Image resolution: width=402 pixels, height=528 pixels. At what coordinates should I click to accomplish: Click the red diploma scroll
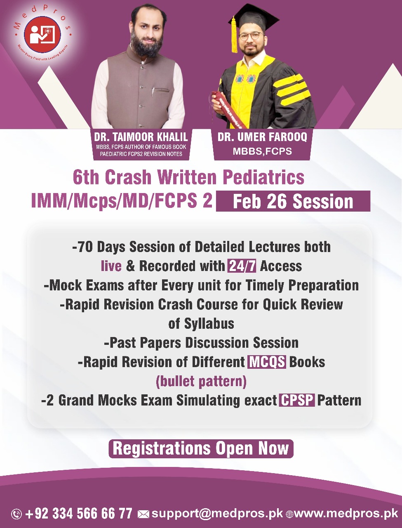point(230,108)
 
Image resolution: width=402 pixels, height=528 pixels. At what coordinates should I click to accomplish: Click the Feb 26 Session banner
point(293,202)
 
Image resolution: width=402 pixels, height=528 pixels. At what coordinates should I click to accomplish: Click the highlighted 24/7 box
point(242,266)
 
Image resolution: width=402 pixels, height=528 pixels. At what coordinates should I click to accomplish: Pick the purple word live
point(111,266)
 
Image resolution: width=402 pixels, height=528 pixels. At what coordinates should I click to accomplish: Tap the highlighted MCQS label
point(267,362)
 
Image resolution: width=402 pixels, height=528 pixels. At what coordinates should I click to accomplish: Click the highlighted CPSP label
point(297,400)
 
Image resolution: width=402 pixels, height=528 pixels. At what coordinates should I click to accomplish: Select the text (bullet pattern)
point(201,381)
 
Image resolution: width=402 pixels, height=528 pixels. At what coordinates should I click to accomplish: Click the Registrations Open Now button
point(201,448)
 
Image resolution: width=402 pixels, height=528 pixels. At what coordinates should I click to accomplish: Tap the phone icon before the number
point(16,514)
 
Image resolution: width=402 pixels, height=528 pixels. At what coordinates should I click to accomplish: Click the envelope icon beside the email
point(143,514)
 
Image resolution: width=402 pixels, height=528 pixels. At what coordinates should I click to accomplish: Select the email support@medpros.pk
point(217,514)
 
